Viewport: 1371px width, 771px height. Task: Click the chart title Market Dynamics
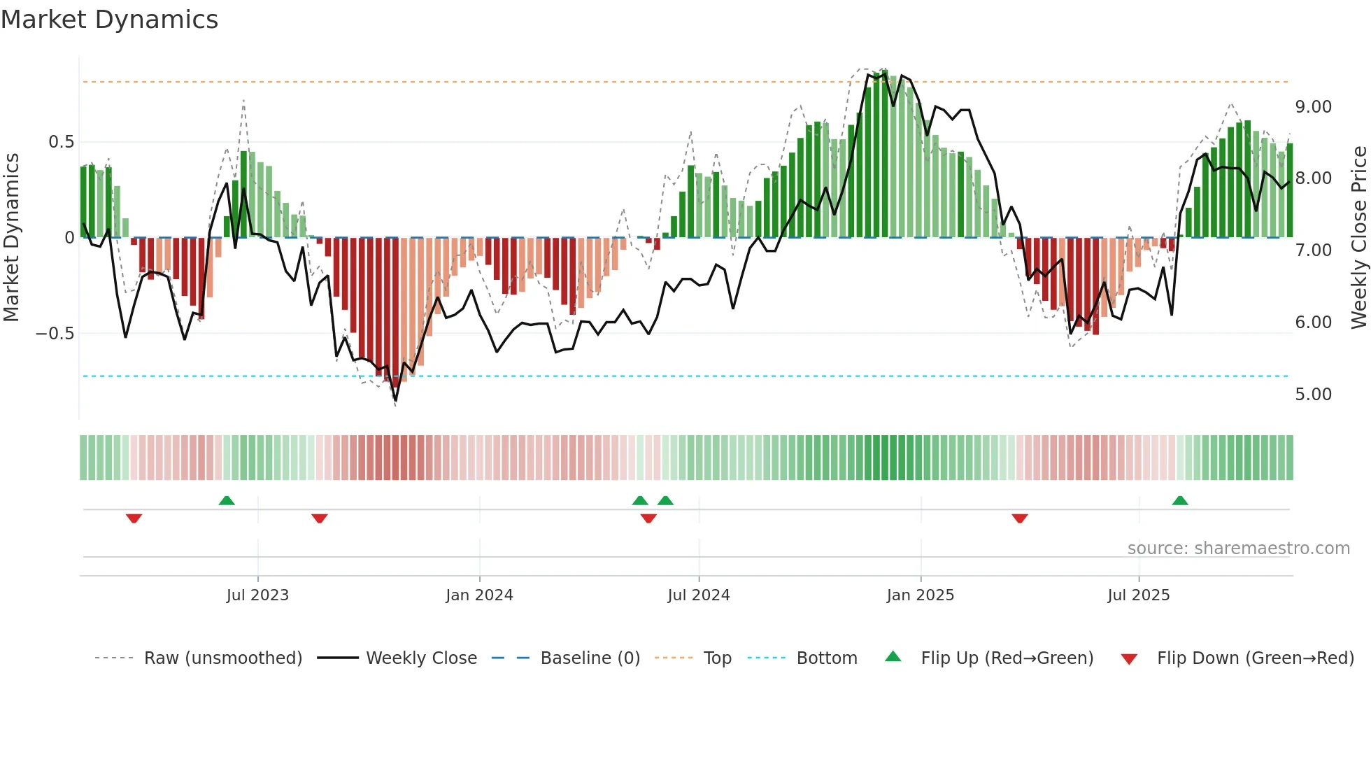pyautogui.click(x=109, y=20)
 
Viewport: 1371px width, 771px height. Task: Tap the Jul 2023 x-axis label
pyautogui.click(x=257, y=595)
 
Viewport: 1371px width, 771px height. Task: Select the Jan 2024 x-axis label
pyautogui.click(x=479, y=595)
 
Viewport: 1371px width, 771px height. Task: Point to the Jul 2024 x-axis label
pyautogui.click(x=698, y=595)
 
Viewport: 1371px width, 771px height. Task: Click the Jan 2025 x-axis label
pyautogui.click(x=920, y=595)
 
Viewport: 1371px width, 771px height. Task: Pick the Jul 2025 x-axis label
pyautogui.click(x=1138, y=595)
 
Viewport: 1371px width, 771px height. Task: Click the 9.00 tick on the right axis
pyautogui.click(x=1313, y=107)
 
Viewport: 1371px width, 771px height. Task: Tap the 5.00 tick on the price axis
pyautogui.click(x=1313, y=395)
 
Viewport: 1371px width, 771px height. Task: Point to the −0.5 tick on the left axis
pyautogui.click(x=55, y=334)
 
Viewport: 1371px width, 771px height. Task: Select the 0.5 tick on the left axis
pyautogui.click(x=61, y=142)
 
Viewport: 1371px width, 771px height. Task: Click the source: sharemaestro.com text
pyautogui.click(x=1238, y=549)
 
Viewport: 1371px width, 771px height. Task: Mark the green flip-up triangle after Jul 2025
pyautogui.click(x=1180, y=501)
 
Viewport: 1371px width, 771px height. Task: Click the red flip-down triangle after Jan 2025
pyautogui.click(x=1020, y=518)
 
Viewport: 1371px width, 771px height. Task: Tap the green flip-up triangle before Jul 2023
pyautogui.click(x=227, y=501)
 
